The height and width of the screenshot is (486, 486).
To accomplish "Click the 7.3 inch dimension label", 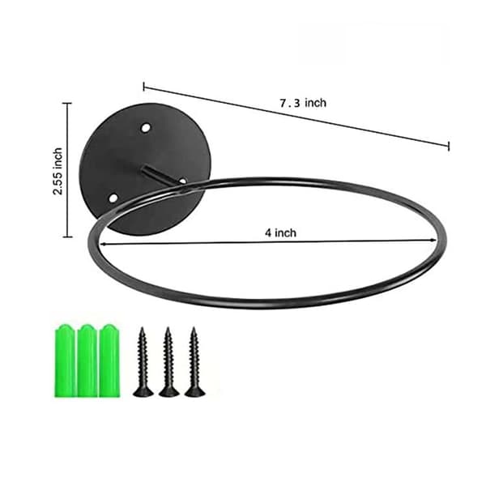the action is pyautogui.click(x=303, y=103).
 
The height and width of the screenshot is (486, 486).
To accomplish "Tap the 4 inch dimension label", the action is pyautogui.click(x=280, y=232).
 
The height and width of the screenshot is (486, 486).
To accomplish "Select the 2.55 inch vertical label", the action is pyautogui.click(x=58, y=171).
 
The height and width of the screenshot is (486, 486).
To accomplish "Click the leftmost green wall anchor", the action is pyautogui.click(x=65, y=360).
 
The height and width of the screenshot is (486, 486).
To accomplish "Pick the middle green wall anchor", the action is pyautogui.click(x=87, y=360).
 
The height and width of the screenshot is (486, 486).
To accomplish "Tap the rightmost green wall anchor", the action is pyautogui.click(x=109, y=360).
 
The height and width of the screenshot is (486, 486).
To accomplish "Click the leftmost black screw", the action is pyautogui.click(x=143, y=362).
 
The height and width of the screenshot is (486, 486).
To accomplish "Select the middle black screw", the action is pyautogui.click(x=168, y=362).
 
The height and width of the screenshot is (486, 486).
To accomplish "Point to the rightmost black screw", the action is pyautogui.click(x=194, y=362).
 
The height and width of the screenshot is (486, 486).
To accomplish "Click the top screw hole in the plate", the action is pyautogui.click(x=146, y=127).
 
